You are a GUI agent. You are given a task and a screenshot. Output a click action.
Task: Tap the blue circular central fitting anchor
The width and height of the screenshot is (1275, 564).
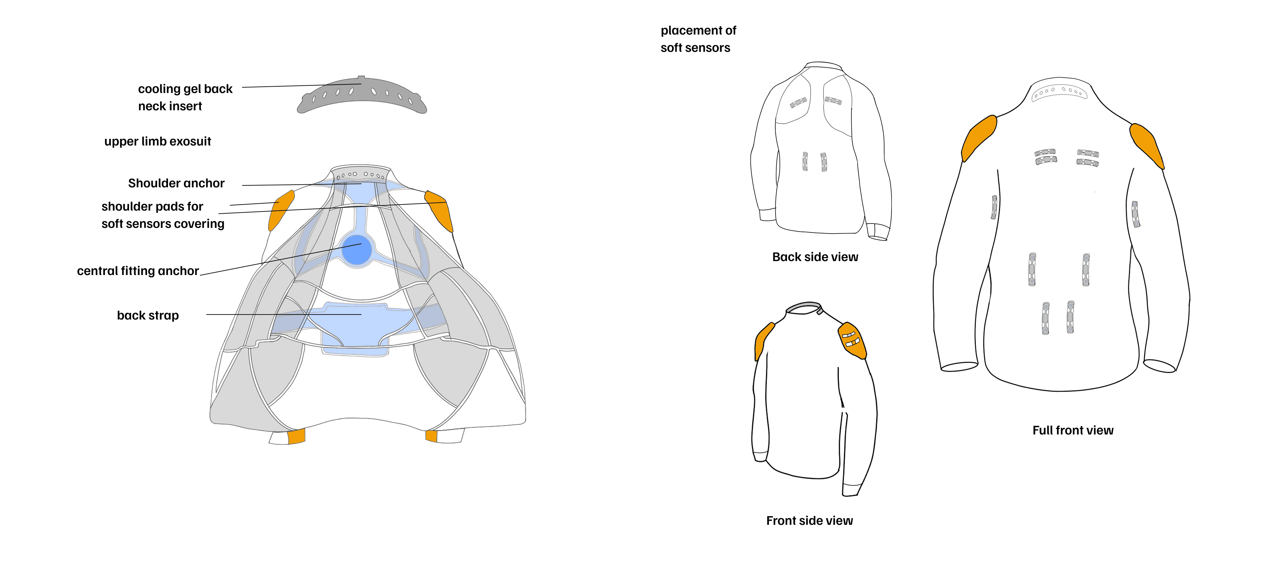pyautogui.click(x=357, y=250)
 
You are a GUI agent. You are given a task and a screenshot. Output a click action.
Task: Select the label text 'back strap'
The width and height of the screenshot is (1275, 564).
pyautogui.click(x=147, y=316)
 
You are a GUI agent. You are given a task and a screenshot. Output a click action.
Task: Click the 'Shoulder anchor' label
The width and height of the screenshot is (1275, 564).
pyautogui.click(x=176, y=183)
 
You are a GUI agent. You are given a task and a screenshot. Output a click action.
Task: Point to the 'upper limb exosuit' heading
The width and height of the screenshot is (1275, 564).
pyautogui.click(x=157, y=141)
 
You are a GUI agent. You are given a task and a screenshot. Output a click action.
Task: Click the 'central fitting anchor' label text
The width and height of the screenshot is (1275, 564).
pyautogui.click(x=137, y=271)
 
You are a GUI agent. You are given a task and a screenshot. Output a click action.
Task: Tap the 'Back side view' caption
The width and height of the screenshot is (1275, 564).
pyautogui.click(x=815, y=257)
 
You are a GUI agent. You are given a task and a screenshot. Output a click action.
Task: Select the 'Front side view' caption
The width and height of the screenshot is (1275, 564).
pyautogui.click(x=809, y=521)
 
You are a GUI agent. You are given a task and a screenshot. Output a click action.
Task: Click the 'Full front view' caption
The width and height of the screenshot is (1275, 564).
pyautogui.click(x=1072, y=430)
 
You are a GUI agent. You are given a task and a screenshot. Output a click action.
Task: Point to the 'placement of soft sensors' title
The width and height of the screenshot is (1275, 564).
pyautogui.click(x=698, y=39)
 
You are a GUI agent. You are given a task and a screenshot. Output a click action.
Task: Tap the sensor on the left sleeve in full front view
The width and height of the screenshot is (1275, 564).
pyautogui.click(x=994, y=207)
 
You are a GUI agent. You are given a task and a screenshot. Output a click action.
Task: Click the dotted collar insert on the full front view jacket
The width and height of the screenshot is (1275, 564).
pyautogui.click(x=1059, y=92)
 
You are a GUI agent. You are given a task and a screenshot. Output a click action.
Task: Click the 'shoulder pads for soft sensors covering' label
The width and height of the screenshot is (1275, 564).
pyautogui.click(x=162, y=215)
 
